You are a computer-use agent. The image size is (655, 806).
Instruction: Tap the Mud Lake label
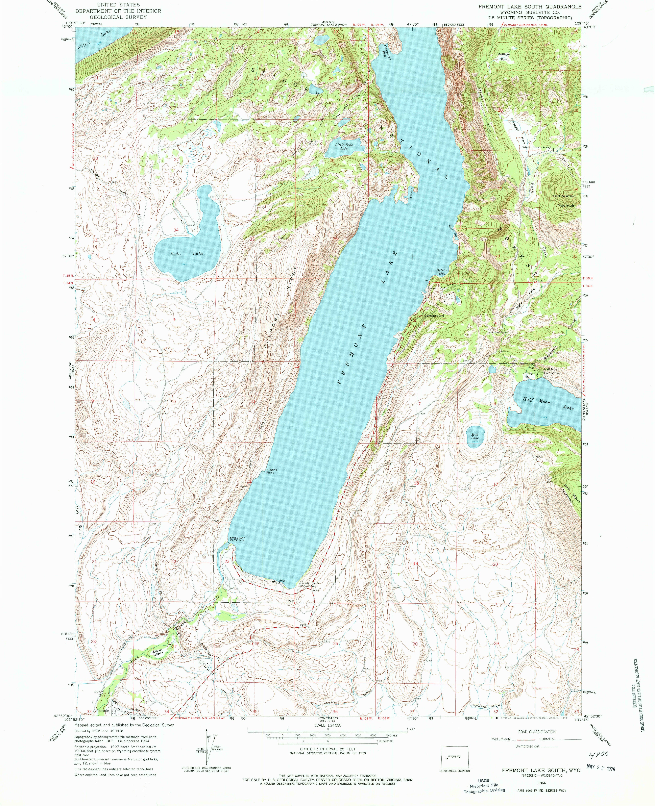click(475, 436)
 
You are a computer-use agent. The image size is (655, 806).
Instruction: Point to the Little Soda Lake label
click(344, 146)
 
